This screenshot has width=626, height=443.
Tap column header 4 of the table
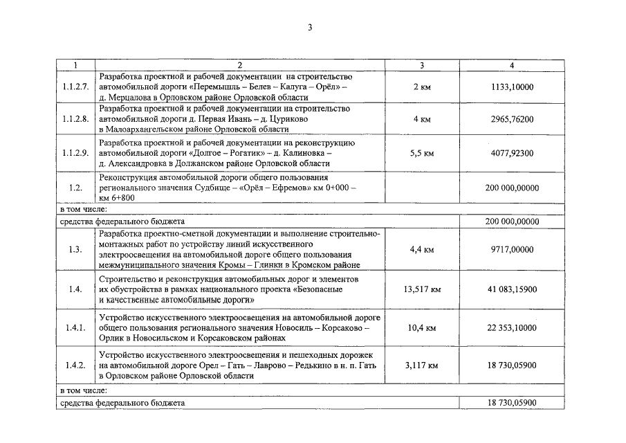click(x=512, y=65)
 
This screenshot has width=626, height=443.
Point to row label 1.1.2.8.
click(x=75, y=119)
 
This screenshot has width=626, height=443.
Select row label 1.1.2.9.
click(x=75, y=153)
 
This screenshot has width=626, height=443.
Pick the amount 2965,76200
click(x=512, y=119)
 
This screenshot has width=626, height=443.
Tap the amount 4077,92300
click(x=512, y=153)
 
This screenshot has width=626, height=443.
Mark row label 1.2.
click(x=75, y=188)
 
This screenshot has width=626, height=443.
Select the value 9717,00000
click(x=512, y=249)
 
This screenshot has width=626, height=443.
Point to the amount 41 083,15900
click(x=512, y=289)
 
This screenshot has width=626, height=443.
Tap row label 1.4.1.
click(x=75, y=327)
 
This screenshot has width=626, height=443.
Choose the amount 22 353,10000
click(x=512, y=327)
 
